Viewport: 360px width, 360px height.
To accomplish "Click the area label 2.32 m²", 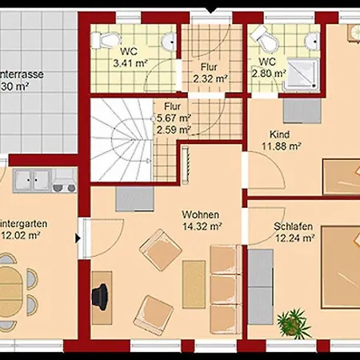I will (x=210, y=78).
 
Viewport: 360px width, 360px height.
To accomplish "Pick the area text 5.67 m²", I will (x=177, y=117).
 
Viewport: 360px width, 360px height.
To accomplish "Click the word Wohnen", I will (x=201, y=215).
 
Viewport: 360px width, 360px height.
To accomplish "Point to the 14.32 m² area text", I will (x=201, y=226).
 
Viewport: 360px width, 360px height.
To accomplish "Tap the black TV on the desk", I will (x=102, y=294).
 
